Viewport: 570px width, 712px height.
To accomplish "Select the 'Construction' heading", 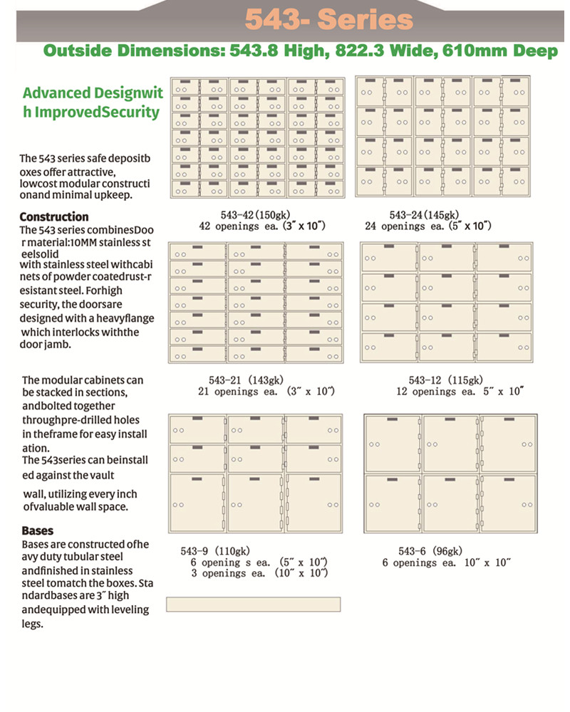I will click(x=54, y=216).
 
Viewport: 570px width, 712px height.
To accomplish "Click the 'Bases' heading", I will click(x=38, y=530).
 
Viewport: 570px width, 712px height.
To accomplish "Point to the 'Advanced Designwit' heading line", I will click(x=93, y=93).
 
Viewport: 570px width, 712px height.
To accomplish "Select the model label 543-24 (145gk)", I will click(x=425, y=215).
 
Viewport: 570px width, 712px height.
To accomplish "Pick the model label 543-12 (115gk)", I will click(x=446, y=380).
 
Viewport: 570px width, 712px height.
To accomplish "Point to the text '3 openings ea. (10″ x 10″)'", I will click(x=259, y=573).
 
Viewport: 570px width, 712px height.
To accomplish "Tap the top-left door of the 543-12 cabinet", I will click(x=390, y=257).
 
